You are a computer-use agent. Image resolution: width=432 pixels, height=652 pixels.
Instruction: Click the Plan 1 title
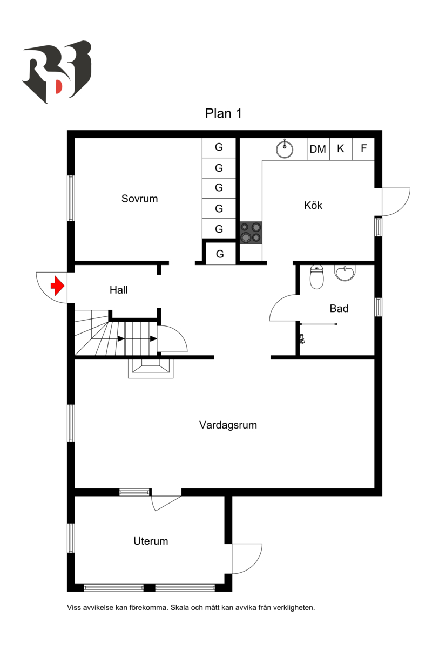(x=223, y=113)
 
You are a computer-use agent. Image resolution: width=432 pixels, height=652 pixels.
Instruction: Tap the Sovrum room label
(x=139, y=199)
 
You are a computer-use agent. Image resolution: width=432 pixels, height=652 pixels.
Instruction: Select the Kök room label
(x=313, y=205)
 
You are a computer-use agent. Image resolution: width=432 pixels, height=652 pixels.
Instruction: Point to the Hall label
(x=119, y=290)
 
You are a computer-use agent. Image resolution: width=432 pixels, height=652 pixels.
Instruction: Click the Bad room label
(x=339, y=309)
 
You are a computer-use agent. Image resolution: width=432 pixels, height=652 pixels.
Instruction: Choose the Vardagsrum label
(x=228, y=425)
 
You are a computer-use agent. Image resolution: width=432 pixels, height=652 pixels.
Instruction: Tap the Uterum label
(x=151, y=541)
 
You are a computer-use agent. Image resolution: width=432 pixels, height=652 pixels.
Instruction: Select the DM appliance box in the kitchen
(x=318, y=149)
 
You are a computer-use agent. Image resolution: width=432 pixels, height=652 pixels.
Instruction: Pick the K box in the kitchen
(x=341, y=148)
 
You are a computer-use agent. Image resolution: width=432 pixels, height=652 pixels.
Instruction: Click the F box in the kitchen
(x=364, y=148)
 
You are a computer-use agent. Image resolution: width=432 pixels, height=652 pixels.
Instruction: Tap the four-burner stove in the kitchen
(x=251, y=233)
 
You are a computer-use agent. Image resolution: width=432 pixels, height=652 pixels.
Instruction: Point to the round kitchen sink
(x=285, y=149)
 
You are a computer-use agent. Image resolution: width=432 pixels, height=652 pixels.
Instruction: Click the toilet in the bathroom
(x=316, y=277)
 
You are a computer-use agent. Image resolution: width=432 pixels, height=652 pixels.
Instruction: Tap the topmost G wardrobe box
(x=219, y=147)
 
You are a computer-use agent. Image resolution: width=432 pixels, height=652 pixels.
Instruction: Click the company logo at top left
(x=57, y=71)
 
